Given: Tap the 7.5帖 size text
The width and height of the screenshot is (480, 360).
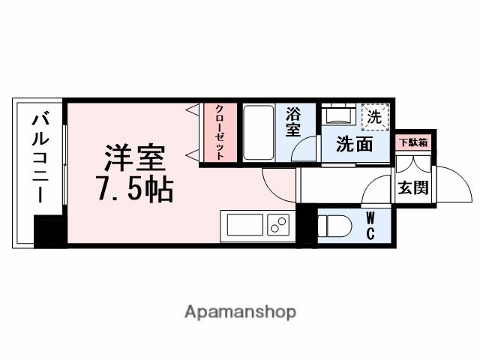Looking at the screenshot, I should pyautogui.click(x=135, y=190).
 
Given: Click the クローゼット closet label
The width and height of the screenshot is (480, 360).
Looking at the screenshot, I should pyautogui.click(x=218, y=131).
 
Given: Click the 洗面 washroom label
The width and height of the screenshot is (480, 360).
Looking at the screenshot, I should pyautogui.click(x=354, y=144).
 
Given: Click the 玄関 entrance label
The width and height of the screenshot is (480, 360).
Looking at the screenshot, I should pyautogui.click(x=413, y=187).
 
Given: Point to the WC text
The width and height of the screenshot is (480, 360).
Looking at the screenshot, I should pyautogui.click(x=370, y=225).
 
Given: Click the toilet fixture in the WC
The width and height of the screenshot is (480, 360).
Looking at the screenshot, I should pyautogui.click(x=333, y=225).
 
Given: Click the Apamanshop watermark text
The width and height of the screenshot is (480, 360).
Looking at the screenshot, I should pyautogui.click(x=240, y=311).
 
